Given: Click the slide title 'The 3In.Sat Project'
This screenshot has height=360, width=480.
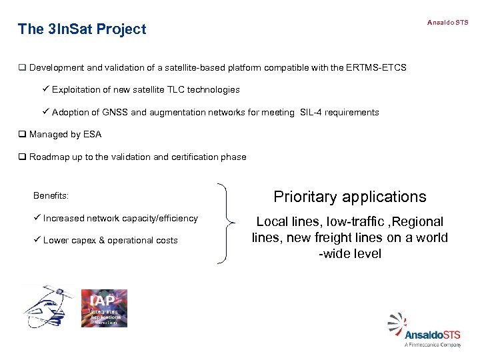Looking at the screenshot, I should click(x=82, y=29).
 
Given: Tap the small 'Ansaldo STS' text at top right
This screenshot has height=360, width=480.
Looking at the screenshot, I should click(x=447, y=23).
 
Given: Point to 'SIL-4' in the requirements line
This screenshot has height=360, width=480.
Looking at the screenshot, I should click(x=312, y=113).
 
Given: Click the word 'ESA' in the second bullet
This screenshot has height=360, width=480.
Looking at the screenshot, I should click(x=92, y=135).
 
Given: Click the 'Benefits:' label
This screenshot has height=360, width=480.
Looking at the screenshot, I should click(x=51, y=196).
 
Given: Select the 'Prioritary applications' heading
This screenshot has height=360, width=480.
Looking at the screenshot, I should click(x=350, y=197).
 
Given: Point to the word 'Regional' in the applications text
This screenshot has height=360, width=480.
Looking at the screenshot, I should click(x=418, y=221).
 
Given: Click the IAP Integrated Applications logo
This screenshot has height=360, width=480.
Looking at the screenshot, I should click(x=104, y=308).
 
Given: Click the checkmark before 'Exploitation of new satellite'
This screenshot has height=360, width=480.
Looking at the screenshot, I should click(x=45, y=89).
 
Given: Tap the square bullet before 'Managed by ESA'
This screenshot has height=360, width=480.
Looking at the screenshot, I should click(x=22, y=135).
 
